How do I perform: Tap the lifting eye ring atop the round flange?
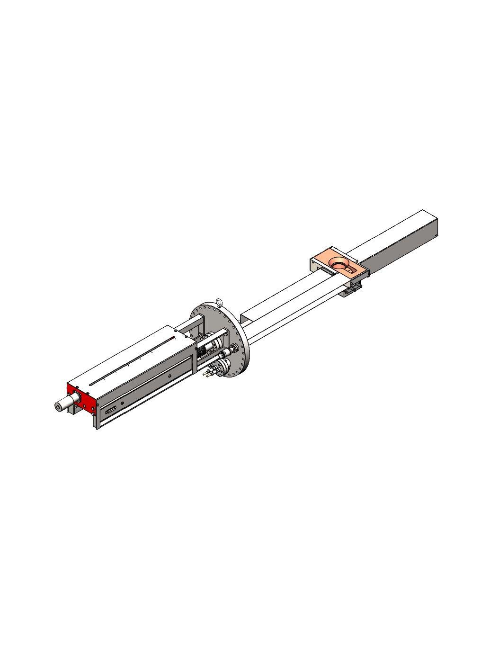click(219, 302)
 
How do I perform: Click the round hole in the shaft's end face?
click(58, 406)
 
